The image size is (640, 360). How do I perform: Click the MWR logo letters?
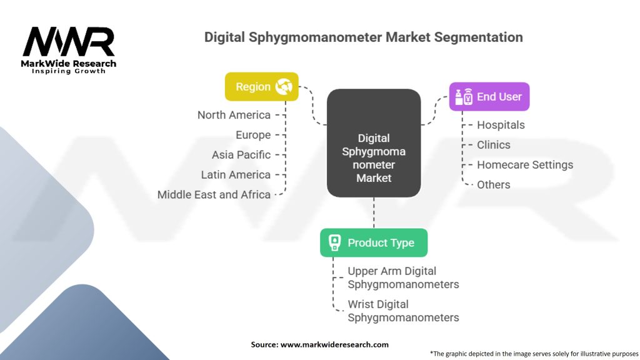pos(69,42)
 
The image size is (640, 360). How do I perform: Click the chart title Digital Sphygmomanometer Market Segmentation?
pos(363,37)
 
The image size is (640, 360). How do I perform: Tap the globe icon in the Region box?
pos(283,87)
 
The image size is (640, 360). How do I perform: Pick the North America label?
pos(234,115)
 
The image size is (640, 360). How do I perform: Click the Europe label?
pos(253,135)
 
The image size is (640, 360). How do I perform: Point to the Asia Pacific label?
pos(241,155)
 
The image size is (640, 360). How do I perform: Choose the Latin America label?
pos(236,175)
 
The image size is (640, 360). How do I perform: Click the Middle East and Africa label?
pos(214,195)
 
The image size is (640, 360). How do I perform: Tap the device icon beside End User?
pos(463,97)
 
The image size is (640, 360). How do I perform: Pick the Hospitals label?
pos(501,125)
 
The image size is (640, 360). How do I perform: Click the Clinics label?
pos(493,145)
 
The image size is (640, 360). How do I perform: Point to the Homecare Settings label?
pos(524,165)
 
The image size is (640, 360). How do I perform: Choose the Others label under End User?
pos(493,185)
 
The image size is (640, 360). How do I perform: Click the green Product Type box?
pos(374,242)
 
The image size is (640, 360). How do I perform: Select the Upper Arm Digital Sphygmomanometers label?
pos(403,278)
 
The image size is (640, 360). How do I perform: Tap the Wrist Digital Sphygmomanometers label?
pos(403,311)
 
